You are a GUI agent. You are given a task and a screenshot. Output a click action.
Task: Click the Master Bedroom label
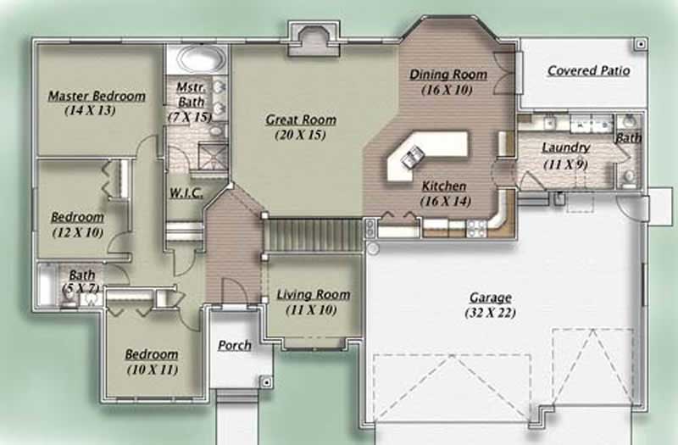pos(96,96)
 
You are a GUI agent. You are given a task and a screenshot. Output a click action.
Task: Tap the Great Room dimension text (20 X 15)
pos(300,135)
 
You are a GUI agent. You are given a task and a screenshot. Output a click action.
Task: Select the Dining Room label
pos(448,75)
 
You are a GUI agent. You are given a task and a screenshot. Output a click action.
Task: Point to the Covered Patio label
pos(588,70)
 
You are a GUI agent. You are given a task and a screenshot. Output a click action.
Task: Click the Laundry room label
pos(565,147)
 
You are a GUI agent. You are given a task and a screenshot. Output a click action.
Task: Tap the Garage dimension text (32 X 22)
pos(490,313)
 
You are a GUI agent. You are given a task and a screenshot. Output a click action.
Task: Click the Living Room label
pos(313,295)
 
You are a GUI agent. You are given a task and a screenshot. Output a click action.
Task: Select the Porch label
pos(234,345)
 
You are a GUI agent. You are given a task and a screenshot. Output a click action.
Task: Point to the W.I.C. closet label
pos(186,192)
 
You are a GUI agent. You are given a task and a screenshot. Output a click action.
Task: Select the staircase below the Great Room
pos(314,233)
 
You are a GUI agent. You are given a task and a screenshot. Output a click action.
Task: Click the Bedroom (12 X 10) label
pos(77,217)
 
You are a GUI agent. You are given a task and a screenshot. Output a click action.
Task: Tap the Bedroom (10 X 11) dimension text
pos(152,370)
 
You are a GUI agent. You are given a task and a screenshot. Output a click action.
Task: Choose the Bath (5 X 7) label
pos(82,275)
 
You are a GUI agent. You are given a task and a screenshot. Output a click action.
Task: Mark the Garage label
pos(490,298)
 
